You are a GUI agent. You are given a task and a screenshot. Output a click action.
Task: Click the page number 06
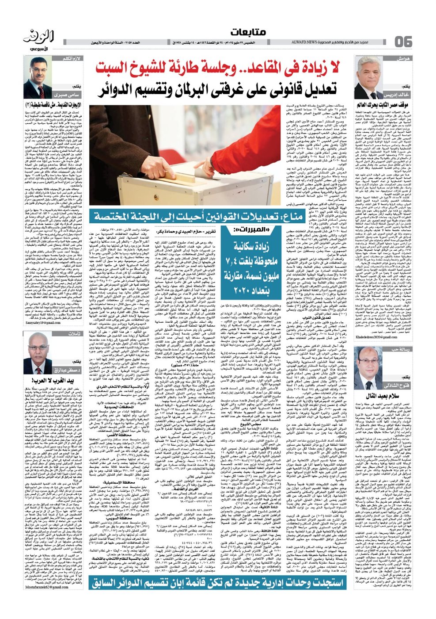tap(403, 42)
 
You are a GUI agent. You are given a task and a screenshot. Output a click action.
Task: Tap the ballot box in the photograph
tap(163, 177)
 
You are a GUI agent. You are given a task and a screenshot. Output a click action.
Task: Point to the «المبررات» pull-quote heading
tap(246, 230)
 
